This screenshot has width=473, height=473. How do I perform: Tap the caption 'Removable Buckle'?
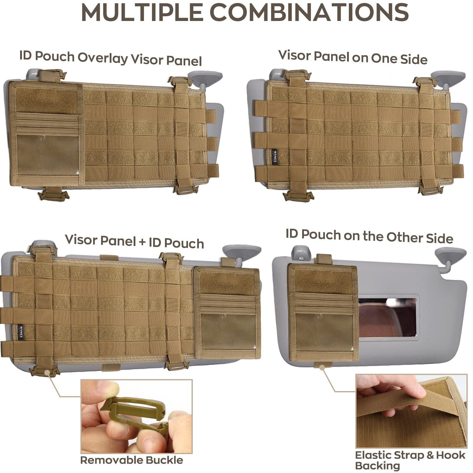pyautogui.click(x=132, y=460)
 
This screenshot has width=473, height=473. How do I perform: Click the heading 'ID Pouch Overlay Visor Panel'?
pyautogui.click(x=111, y=58)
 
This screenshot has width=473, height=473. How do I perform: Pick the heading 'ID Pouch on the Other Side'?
pyautogui.click(x=369, y=236)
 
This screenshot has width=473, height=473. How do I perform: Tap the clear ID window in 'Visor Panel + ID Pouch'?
pyautogui.click(x=228, y=331)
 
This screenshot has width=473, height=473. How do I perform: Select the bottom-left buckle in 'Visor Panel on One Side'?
pyautogui.click(x=298, y=195)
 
